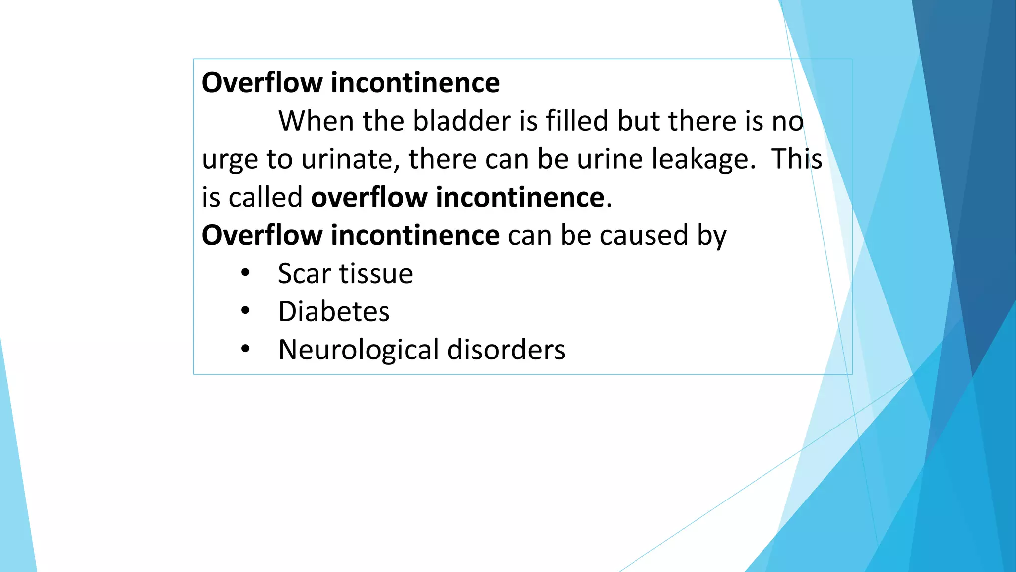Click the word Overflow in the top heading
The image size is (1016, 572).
[x=262, y=83]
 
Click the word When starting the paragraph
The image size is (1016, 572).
[x=315, y=121]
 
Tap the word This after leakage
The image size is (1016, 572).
[x=797, y=159]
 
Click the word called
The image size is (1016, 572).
[x=265, y=197]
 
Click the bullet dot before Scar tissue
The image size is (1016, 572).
[x=245, y=273]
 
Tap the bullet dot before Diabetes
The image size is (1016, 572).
[x=245, y=311]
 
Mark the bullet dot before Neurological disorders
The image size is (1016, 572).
[x=245, y=349]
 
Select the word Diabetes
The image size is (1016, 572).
[x=334, y=312]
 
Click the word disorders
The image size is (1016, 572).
[x=506, y=350]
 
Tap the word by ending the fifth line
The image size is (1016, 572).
[x=712, y=236]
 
